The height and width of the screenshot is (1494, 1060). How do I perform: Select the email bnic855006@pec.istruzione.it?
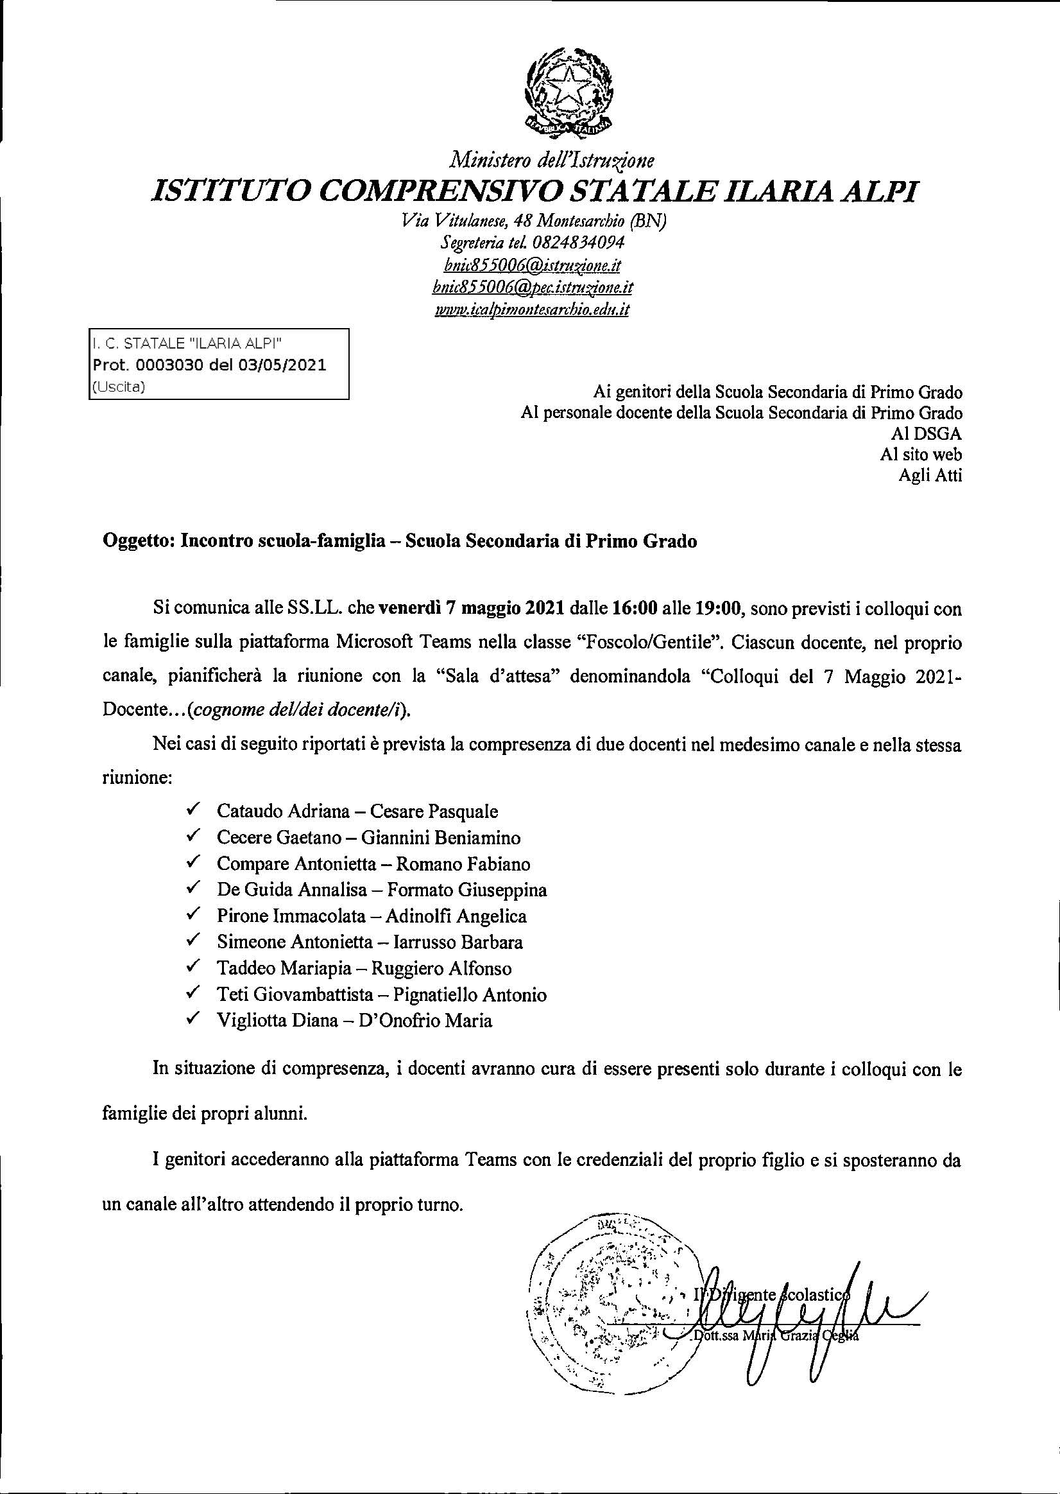[x=533, y=288]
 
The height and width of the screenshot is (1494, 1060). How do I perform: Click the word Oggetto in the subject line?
[x=133, y=541]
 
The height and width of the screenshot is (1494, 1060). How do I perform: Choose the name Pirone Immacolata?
[x=291, y=916]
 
